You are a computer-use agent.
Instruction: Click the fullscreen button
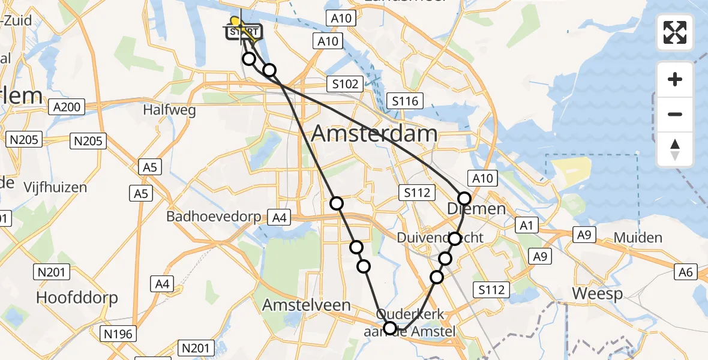(x=675, y=32)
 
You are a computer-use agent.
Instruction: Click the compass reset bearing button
(x=675, y=149)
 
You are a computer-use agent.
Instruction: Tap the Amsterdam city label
(x=374, y=133)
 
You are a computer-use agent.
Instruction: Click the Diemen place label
(x=476, y=208)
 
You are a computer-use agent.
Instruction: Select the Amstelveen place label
(x=307, y=305)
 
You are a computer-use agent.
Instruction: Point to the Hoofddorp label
(x=77, y=297)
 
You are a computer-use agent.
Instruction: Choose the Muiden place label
(x=638, y=238)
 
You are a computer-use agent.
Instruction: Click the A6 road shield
(x=686, y=272)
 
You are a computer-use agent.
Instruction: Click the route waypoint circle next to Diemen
(x=464, y=199)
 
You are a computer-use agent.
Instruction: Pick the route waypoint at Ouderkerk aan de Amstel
(x=390, y=328)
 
